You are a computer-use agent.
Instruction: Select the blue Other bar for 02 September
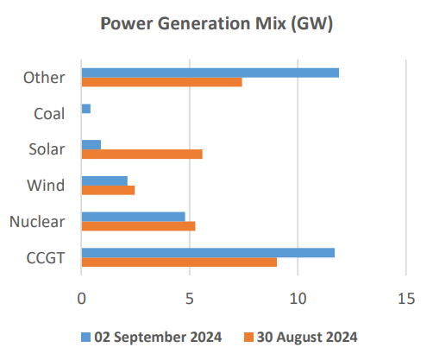click(x=210, y=73)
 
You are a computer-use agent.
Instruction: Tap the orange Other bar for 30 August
click(x=161, y=82)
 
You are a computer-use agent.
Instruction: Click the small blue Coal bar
click(x=85, y=109)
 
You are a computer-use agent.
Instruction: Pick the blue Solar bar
click(x=91, y=144)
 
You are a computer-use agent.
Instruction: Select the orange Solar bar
click(x=141, y=154)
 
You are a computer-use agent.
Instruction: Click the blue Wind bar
click(x=104, y=180)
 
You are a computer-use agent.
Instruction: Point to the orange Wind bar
click(x=108, y=190)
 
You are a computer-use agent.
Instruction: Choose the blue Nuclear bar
click(x=133, y=217)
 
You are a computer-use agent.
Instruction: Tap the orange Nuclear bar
click(x=138, y=226)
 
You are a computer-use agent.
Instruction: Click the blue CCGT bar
click(x=208, y=252)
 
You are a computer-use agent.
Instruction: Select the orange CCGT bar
click(x=179, y=262)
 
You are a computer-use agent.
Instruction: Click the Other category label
click(x=44, y=78)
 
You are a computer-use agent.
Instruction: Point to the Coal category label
click(x=48, y=114)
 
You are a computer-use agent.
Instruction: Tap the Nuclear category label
click(x=37, y=222)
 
